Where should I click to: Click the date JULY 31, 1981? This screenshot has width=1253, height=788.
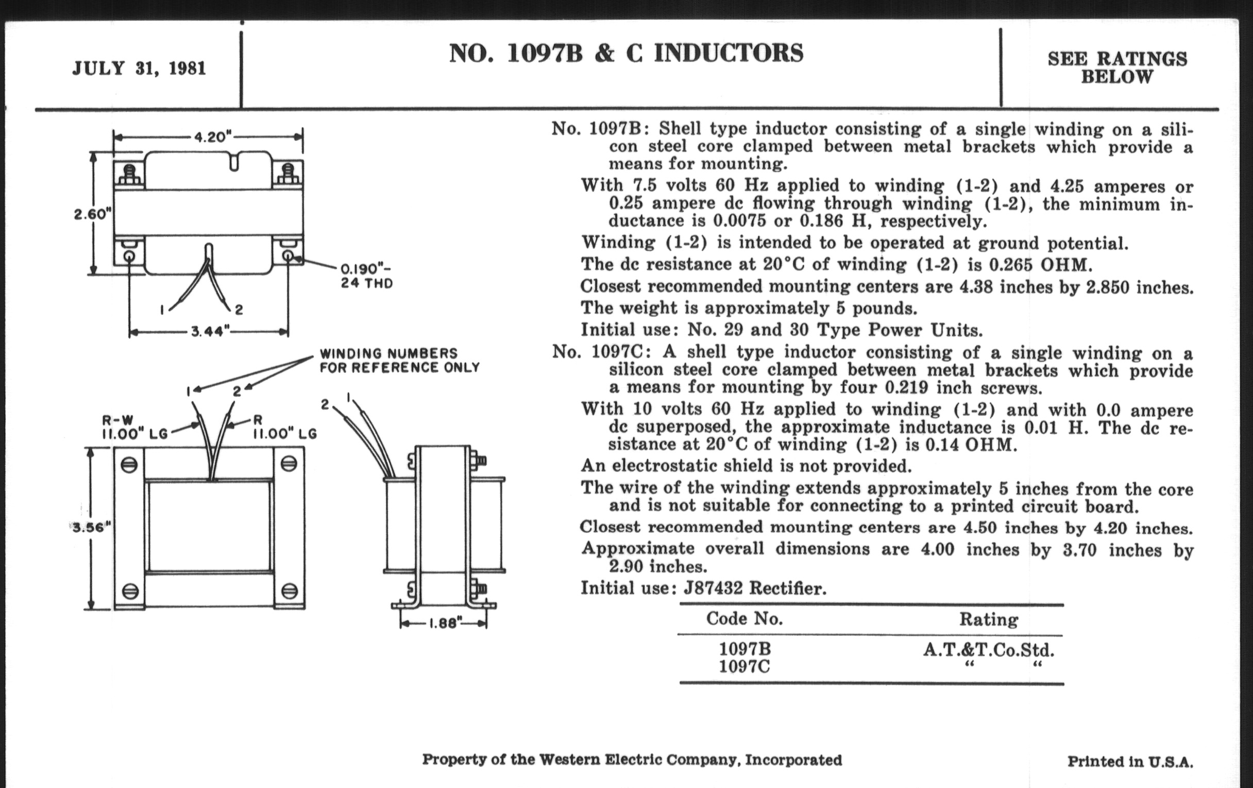(x=139, y=68)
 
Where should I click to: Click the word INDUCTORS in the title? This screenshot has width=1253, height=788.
(x=729, y=54)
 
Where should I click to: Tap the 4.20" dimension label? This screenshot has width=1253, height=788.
(x=212, y=138)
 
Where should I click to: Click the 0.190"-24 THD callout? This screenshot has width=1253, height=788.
(x=366, y=276)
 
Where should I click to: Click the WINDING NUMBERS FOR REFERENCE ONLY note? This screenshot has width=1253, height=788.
(x=399, y=361)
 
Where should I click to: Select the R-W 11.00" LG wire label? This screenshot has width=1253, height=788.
(x=134, y=427)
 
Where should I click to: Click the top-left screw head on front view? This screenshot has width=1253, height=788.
(x=129, y=464)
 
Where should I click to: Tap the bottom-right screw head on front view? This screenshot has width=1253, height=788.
(x=290, y=591)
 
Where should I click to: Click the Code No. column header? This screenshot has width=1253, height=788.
(x=744, y=619)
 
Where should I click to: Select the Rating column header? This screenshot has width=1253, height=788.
(x=988, y=620)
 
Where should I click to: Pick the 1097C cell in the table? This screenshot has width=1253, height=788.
(x=744, y=667)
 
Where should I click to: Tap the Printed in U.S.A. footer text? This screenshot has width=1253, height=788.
(x=1130, y=762)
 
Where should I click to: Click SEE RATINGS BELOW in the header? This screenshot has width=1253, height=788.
(x=1117, y=67)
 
